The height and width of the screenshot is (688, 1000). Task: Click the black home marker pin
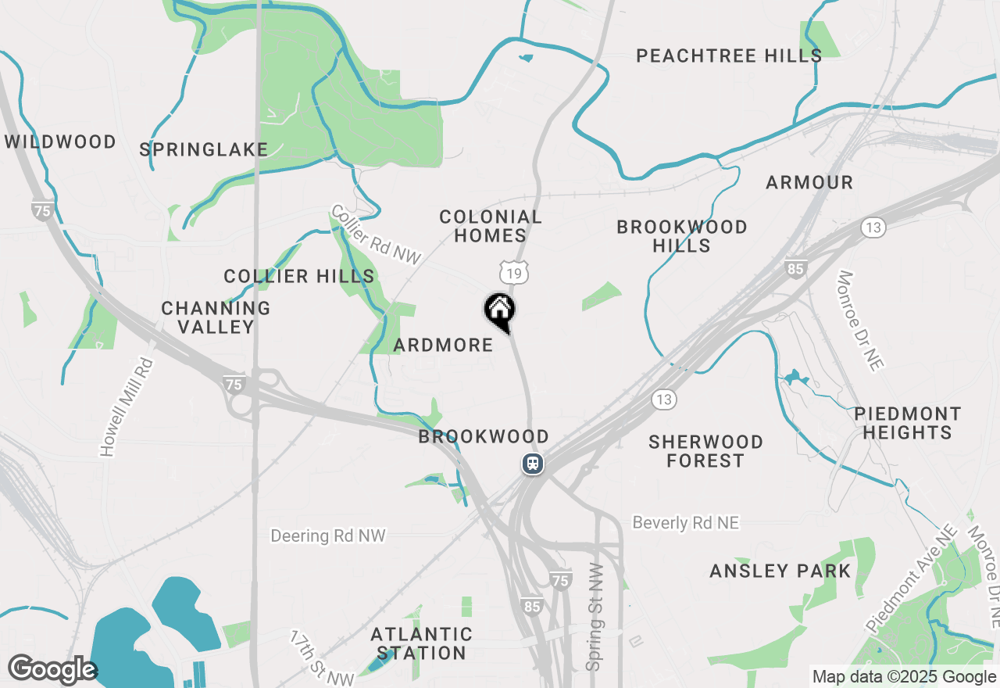[x=499, y=311]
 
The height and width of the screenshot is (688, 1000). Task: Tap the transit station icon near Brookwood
[x=533, y=464]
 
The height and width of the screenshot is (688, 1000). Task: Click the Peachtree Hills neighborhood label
[x=728, y=56]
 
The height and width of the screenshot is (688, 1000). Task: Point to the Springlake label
[x=204, y=149]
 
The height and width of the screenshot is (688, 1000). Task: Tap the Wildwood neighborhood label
[x=60, y=142]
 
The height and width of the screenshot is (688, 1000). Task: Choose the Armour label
[x=809, y=182]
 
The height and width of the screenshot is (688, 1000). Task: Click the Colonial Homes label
[x=491, y=226]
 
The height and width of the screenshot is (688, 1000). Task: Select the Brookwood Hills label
[x=682, y=236]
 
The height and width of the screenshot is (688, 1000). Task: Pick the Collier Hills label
[x=299, y=276]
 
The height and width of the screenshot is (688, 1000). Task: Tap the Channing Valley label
[x=216, y=317]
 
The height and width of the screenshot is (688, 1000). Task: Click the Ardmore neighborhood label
[x=443, y=345]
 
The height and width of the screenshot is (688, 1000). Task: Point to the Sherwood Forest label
[x=705, y=451]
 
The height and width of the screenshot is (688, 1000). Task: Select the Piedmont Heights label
[x=907, y=422]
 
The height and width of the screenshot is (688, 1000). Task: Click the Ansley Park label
[x=780, y=571]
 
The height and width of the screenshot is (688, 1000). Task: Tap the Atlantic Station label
[x=421, y=643]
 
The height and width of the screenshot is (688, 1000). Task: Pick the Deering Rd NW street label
[x=328, y=536]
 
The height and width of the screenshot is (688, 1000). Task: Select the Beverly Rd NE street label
[x=685, y=522]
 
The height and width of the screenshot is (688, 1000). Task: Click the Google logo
[x=52, y=670]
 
